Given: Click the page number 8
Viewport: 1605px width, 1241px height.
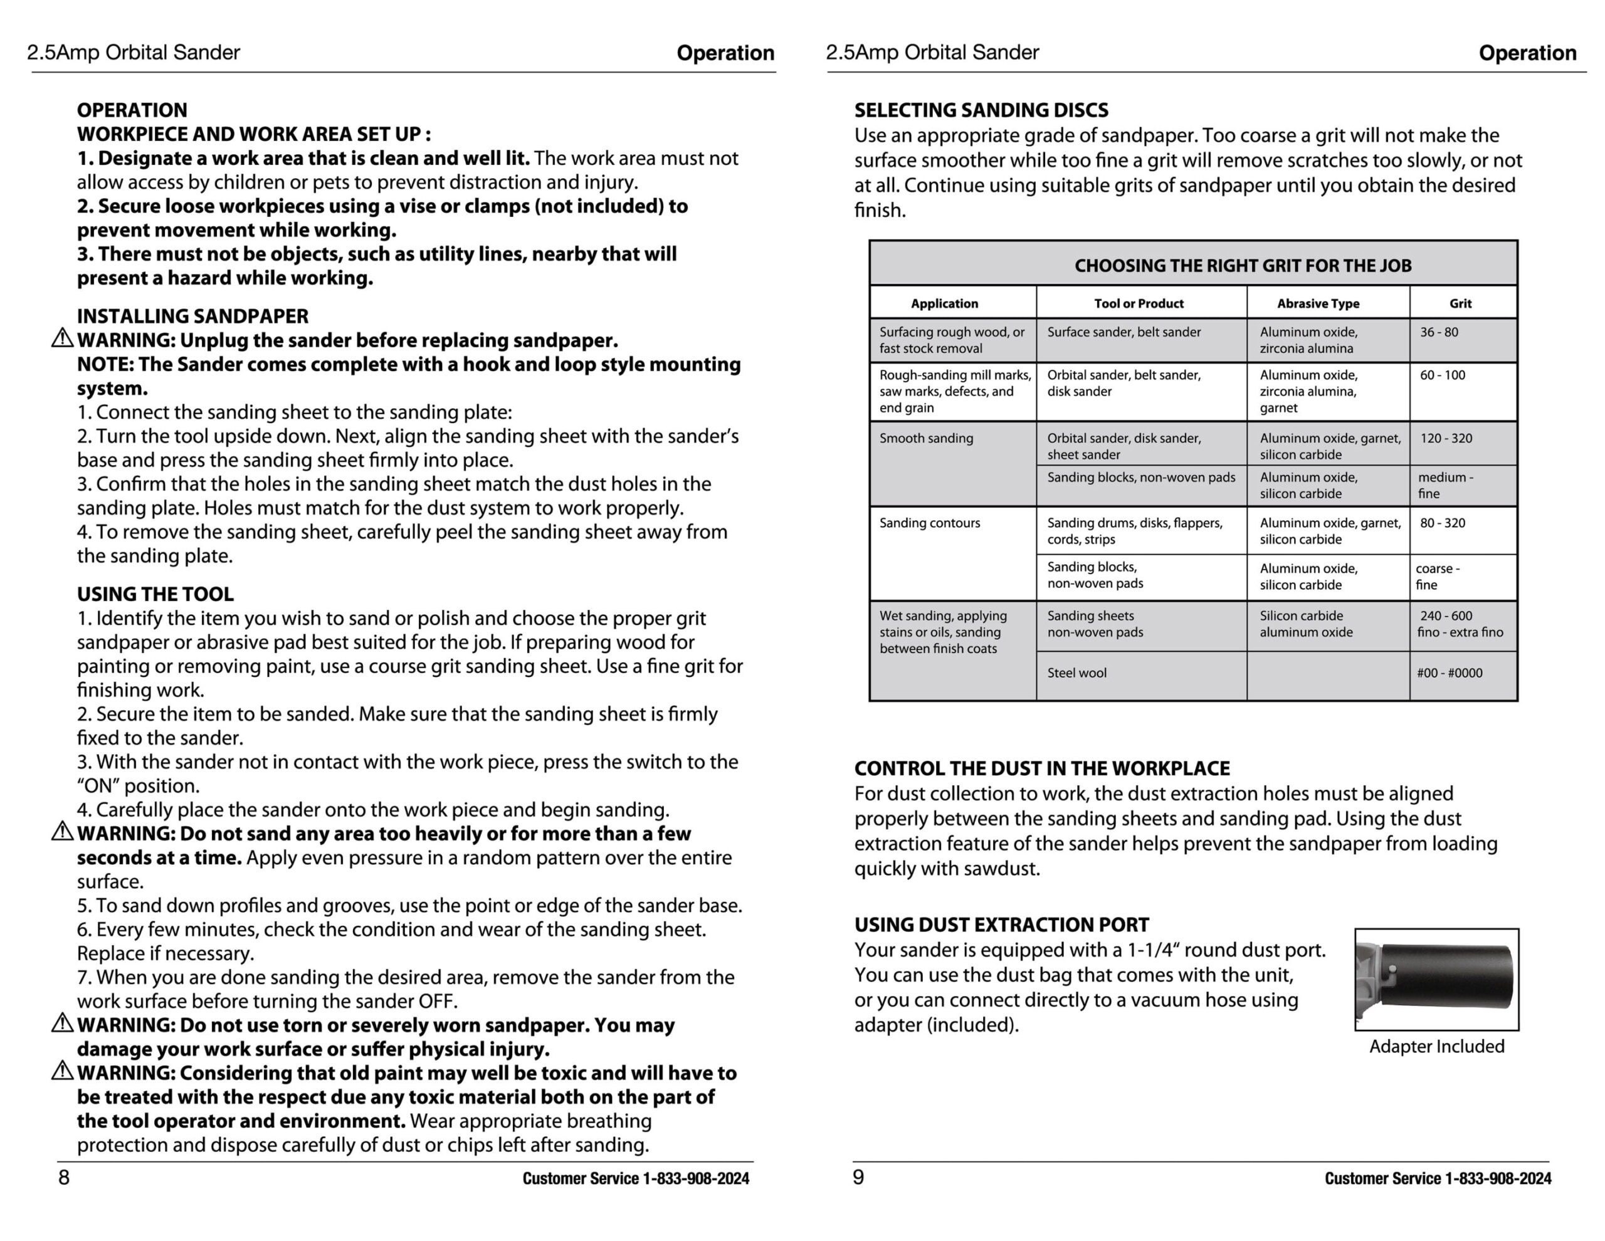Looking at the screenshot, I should tap(64, 1177).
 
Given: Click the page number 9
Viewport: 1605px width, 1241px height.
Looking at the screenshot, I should tap(858, 1177).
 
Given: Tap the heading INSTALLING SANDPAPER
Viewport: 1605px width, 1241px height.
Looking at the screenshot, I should tap(192, 316).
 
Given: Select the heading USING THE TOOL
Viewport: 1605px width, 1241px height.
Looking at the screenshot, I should tap(155, 594).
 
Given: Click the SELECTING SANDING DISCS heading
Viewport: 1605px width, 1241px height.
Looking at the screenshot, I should tap(981, 110).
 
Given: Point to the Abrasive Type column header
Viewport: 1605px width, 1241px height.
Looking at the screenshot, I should tap(1318, 303).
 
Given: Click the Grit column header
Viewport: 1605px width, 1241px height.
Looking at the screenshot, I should tap(1460, 303).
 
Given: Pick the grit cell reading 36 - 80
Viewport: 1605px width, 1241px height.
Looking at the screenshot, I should tap(1439, 332).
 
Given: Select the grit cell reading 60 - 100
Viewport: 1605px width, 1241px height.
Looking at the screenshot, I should tap(1442, 375).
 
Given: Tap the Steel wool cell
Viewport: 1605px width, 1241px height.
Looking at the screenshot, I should tap(1076, 673).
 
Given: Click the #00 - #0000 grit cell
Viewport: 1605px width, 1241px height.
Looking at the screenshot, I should tap(1450, 673).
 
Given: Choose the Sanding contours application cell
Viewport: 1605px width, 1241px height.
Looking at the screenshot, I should tap(930, 523).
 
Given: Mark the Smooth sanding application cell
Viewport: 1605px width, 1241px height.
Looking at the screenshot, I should tap(926, 438).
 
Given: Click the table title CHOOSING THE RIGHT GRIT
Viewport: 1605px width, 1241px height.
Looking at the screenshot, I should tap(1243, 265).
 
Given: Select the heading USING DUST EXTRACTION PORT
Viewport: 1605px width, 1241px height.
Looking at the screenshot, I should tap(1001, 924).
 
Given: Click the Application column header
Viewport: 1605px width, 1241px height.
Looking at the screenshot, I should tap(944, 303).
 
